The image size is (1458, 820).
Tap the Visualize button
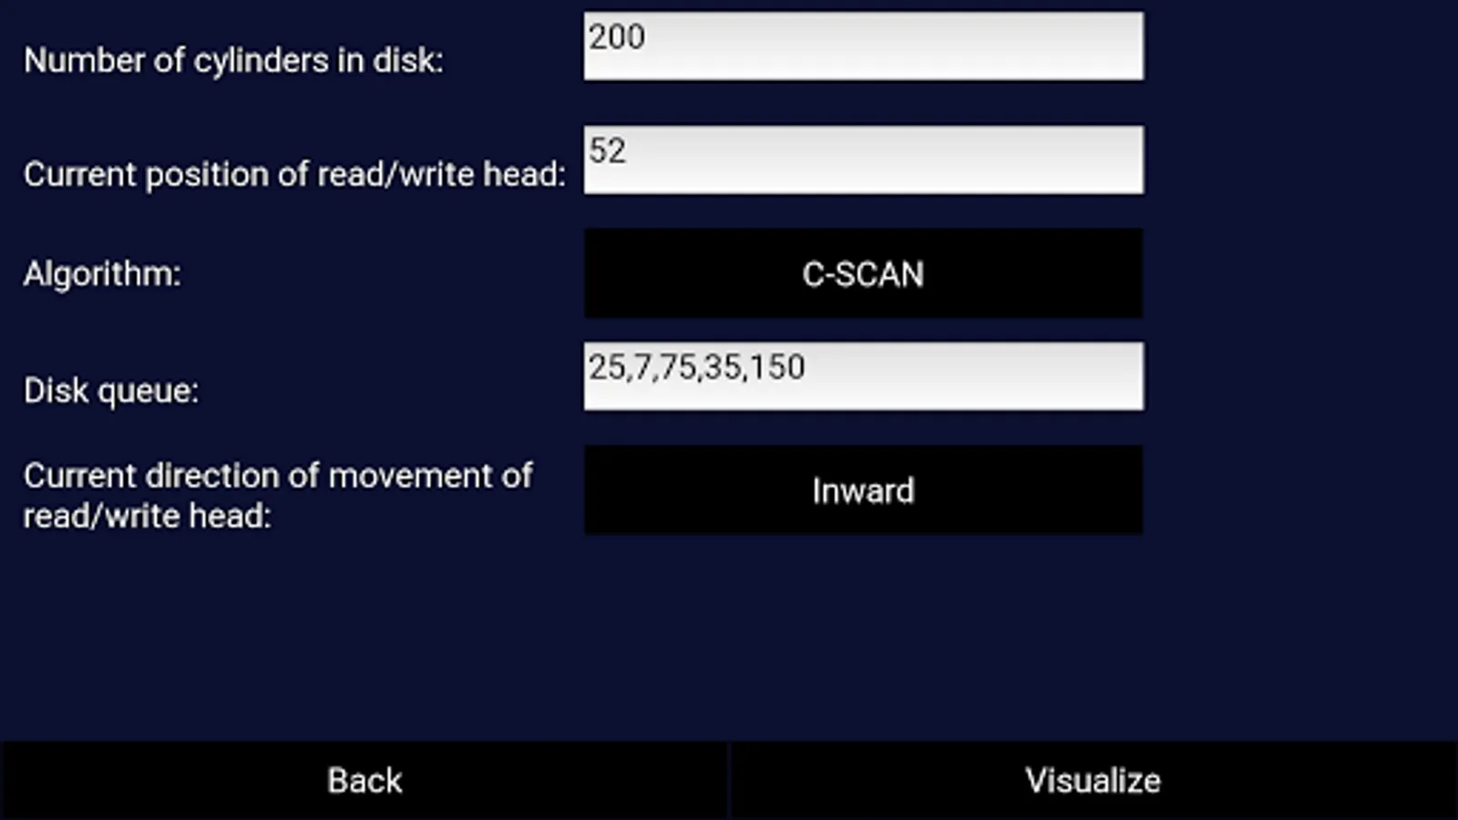1093,781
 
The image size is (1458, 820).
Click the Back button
364,781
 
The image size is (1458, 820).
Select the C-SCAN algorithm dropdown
863,273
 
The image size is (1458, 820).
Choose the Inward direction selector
863,490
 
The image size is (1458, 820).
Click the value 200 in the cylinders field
617,37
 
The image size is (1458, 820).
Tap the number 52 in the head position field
608,151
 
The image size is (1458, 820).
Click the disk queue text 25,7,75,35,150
696,367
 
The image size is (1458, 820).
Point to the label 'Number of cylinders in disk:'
233,60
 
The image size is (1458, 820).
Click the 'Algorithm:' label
102,273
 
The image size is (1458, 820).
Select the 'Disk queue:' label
111,391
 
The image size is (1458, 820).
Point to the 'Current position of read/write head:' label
294,174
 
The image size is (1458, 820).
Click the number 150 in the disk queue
777,367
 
